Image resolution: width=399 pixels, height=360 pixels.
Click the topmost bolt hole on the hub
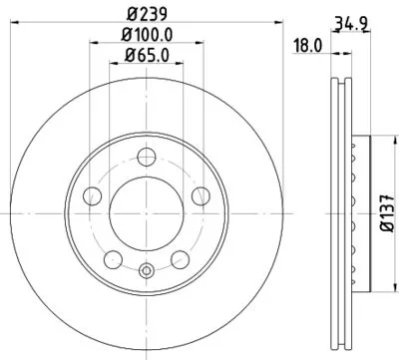(147, 155)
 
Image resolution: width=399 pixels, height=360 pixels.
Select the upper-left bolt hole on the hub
(96, 192)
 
